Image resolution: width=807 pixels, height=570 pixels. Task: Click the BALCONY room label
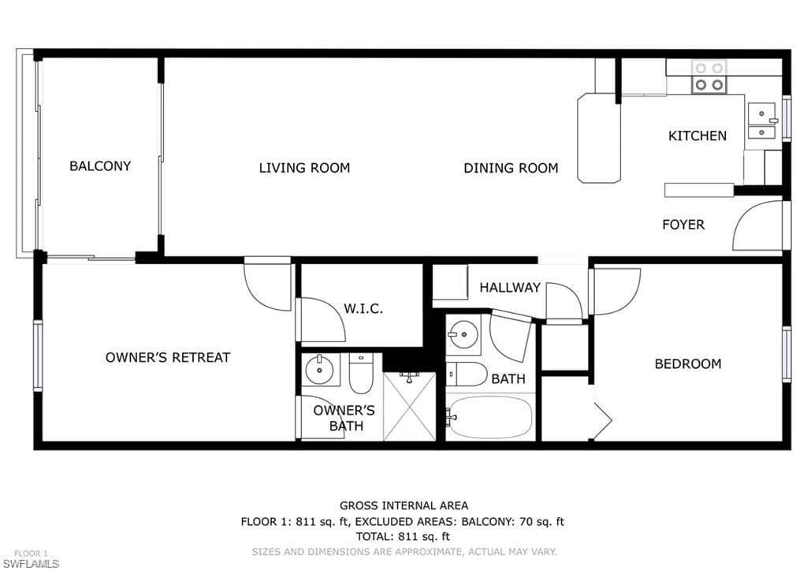(x=100, y=166)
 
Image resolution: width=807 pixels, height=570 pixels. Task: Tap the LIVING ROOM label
(x=304, y=168)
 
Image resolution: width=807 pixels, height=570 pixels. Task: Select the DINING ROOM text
(x=511, y=168)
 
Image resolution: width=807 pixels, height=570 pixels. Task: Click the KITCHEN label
(x=697, y=136)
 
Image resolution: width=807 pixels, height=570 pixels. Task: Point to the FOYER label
(x=682, y=225)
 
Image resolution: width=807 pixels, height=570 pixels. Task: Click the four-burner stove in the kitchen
(x=708, y=76)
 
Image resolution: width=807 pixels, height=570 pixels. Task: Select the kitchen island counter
(x=599, y=138)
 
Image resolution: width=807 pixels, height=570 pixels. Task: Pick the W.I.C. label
(x=363, y=308)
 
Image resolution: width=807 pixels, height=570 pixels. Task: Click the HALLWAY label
(x=510, y=288)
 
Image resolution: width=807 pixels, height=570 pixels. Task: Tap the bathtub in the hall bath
(x=490, y=417)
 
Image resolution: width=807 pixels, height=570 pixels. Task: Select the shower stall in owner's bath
(x=409, y=406)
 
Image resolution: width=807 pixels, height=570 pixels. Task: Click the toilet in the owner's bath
(x=361, y=374)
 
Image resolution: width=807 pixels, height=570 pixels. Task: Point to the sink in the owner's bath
(x=320, y=369)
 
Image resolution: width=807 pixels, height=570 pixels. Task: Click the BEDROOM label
(x=687, y=364)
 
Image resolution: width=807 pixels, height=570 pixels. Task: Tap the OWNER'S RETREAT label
(x=168, y=357)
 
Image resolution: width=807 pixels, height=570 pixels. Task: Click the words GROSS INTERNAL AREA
(x=403, y=505)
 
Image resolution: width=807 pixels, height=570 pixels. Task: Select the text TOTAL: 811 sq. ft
(x=403, y=536)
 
